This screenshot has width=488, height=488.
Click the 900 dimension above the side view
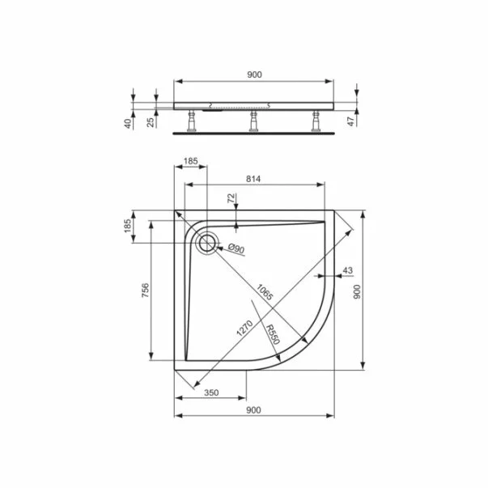point(253,74)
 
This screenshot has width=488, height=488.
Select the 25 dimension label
point(151,122)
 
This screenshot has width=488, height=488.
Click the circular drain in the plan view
point(207,241)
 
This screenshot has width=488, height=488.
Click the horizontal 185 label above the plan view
point(189,162)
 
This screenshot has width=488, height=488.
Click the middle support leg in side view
point(252,119)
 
